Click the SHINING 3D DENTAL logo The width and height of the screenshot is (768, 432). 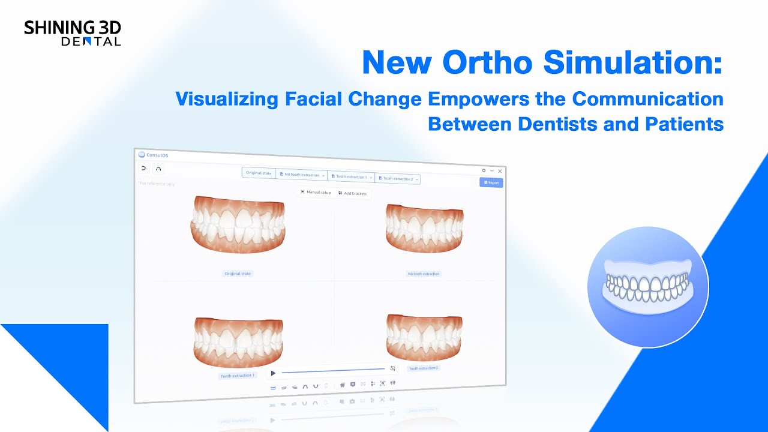[72, 32]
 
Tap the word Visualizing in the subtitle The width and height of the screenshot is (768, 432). [227, 98]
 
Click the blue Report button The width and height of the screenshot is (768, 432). [491, 182]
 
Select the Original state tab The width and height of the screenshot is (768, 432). [259, 173]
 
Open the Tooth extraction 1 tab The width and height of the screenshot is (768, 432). [350, 177]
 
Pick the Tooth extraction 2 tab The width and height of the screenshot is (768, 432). [397, 179]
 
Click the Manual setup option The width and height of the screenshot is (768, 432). [316, 193]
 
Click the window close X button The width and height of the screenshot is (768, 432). [500, 171]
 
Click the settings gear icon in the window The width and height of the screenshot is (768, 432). [484, 170]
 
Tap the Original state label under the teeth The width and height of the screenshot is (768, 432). [238, 274]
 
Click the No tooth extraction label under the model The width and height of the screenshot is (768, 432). [424, 274]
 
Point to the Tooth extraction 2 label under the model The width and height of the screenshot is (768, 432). [423, 368]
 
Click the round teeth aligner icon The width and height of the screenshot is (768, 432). [648, 287]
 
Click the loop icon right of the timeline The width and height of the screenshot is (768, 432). [392, 368]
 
